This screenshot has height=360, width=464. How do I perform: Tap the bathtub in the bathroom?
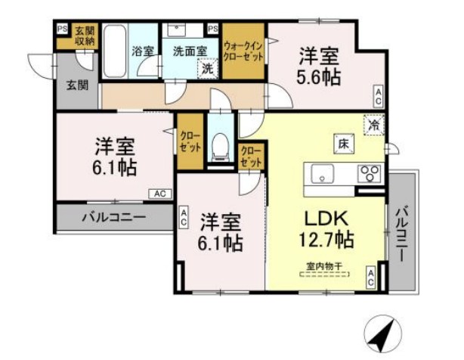(x=116, y=51)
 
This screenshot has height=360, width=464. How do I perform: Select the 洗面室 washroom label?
(x=184, y=51)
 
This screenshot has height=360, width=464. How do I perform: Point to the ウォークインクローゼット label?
(x=243, y=51)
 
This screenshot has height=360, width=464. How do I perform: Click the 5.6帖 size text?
(x=318, y=76)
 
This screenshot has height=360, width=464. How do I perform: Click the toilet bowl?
(x=220, y=146)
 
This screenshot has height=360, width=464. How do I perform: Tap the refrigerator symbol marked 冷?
(x=374, y=123)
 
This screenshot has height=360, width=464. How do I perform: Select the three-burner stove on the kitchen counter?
(x=370, y=175)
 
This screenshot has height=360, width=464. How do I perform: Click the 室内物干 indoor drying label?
(x=323, y=265)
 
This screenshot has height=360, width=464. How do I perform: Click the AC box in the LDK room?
(x=371, y=277)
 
